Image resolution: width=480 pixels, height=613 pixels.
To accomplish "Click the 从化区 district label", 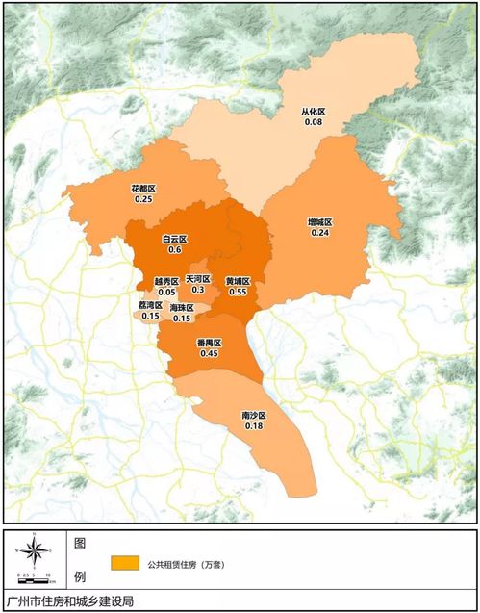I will [314, 112].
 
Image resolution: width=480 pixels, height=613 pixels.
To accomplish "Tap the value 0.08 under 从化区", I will [314, 123].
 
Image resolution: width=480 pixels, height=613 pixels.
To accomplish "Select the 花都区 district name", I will [143, 188].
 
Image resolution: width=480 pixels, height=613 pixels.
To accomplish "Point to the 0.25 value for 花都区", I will [143, 199].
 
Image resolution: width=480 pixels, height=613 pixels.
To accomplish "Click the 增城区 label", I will [320, 221].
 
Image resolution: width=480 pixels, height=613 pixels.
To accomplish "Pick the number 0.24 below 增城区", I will [320, 233].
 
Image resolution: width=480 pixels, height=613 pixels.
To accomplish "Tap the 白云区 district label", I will [175, 238].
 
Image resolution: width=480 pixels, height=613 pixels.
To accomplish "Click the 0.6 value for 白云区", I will [175, 249].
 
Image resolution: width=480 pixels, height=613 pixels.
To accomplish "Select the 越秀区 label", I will [166, 281].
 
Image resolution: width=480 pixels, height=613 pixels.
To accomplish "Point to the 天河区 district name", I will [198, 278].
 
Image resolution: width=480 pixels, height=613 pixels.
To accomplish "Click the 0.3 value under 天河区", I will [198, 290].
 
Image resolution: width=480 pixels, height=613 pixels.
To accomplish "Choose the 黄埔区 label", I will [238, 281].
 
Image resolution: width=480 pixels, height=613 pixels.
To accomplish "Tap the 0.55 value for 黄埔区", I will [238, 293].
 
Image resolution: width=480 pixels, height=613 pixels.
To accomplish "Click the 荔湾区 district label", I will [151, 304].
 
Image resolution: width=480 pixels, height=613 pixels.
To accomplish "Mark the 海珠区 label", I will [182, 308].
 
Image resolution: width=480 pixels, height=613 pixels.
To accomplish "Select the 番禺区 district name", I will [209, 343].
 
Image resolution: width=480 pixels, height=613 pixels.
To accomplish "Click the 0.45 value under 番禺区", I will [209, 354].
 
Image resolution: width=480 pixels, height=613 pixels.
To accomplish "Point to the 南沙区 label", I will [254, 415].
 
